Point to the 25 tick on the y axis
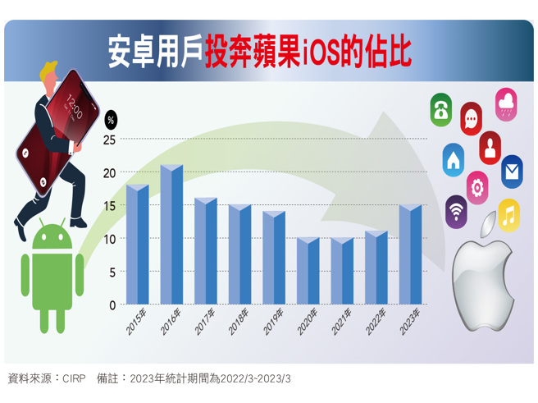pos(109,140)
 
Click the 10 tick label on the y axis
pos(109,239)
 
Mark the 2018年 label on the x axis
pos(239,321)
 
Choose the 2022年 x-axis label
pos(376,321)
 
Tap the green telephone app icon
pos(441,109)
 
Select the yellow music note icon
pos(508,215)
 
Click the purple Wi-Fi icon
pos(457,211)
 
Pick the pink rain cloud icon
pos(506,103)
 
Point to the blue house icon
pos(454,159)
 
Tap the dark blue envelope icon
pos(512,172)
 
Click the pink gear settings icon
pos(477,187)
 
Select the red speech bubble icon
pos(471,119)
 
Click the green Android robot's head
pos(52,237)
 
